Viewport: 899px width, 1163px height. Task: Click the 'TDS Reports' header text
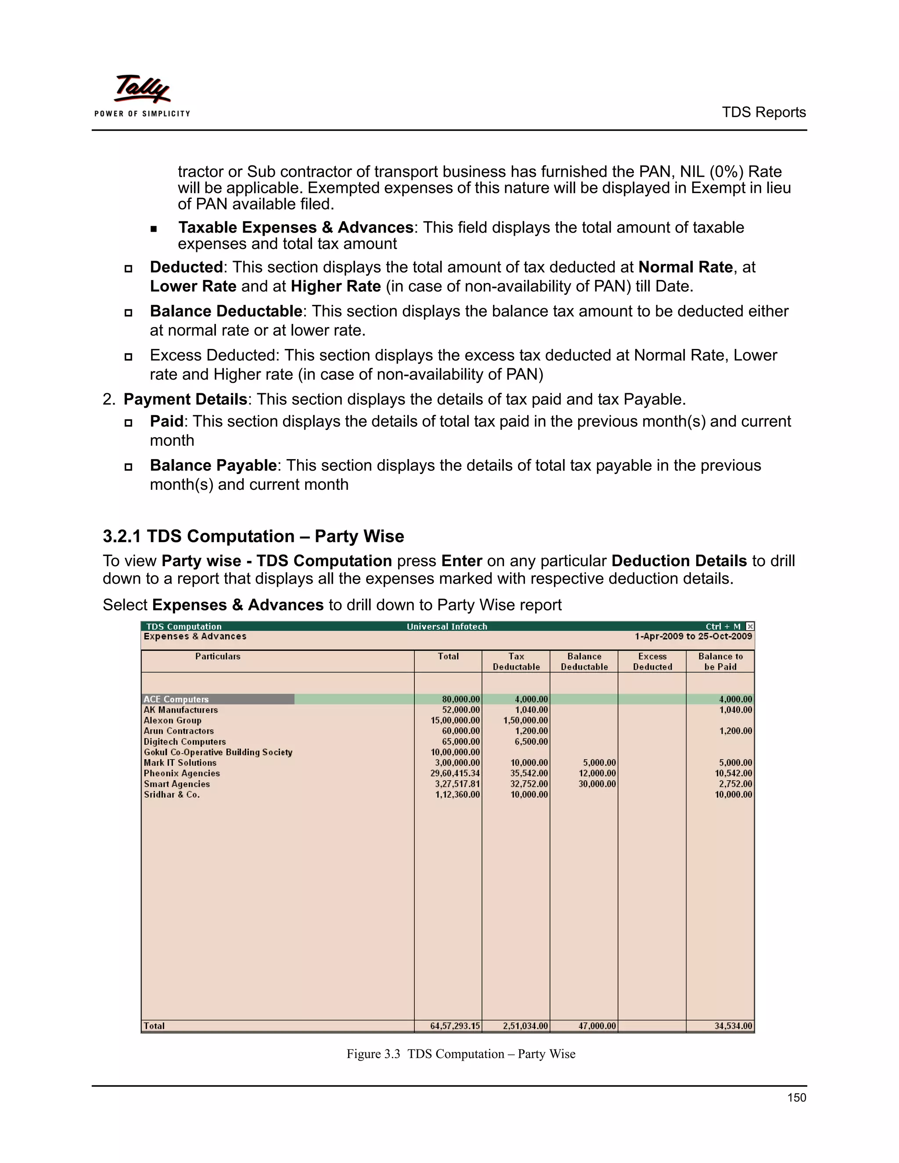click(x=763, y=112)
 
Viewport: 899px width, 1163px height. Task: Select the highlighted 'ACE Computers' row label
click(x=176, y=699)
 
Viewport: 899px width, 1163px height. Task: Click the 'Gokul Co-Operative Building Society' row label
click(x=218, y=752)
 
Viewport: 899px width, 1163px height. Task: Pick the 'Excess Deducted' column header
click(x=652, y=661)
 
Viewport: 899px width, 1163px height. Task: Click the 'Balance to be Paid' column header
click(x=720, y=661)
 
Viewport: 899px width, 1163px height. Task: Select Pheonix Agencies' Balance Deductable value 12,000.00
click(x=597, y=773)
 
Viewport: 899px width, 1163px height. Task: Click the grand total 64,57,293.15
click(x=455, y=1026)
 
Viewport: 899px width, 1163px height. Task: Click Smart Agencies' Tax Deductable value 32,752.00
click(x=529, y=784)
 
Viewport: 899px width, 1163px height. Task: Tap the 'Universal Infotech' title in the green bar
click(x=447, y=626)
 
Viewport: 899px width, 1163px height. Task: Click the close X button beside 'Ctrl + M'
click(x=750, y=626)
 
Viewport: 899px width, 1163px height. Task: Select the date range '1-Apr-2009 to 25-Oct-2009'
click(x=693, y=636)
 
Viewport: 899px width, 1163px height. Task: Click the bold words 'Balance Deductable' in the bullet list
click(x=226, y=311)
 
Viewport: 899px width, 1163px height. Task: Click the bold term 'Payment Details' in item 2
click(x=185, y=399)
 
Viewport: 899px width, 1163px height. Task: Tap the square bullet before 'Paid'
click(x=128, y=423)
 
